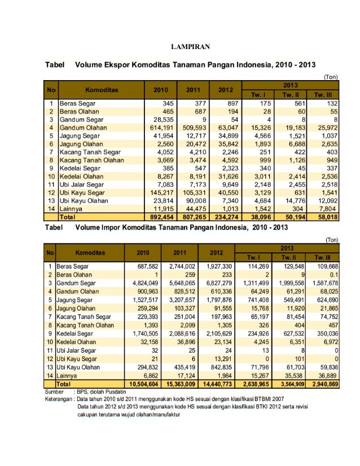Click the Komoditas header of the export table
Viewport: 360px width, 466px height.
[102, 89]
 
